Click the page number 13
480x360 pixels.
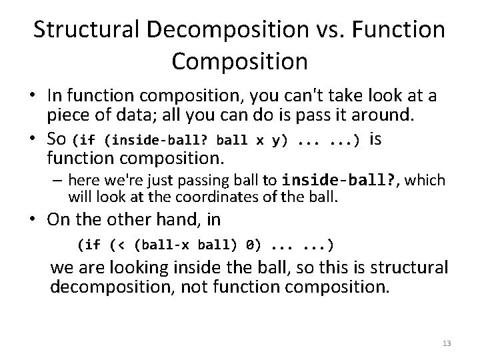coord(447,343)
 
